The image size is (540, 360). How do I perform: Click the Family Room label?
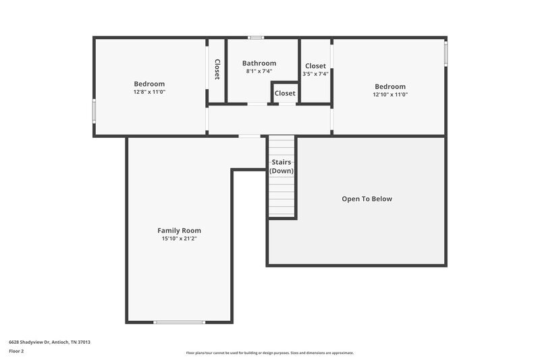click(x=179, y=230)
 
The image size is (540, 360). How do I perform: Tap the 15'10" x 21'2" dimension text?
click(x=179, y=238)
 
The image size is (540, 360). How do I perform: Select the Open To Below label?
click(x=367, y=199)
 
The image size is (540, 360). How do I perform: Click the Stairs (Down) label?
click(x=281, y=167)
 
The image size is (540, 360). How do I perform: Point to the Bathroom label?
click(x=259, y=63)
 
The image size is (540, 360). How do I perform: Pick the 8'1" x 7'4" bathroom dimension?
click(x=259, y=71)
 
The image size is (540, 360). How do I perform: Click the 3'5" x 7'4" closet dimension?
click(x=315, y=74)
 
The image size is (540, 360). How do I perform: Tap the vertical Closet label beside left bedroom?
click(x=217, y=69)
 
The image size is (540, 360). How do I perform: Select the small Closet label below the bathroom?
click(x=285, y=93)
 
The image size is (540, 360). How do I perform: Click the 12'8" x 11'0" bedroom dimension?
click(x=149, y=92)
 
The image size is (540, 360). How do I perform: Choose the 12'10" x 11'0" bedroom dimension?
click(x=390, y=95)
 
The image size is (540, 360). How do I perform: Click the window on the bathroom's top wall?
click(x=255, y=37)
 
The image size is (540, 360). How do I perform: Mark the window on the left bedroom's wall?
click(x=94, y=111)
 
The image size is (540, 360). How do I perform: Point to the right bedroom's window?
click(x=446, y=54)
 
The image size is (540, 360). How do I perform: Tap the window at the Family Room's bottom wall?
click(x=179, y=322)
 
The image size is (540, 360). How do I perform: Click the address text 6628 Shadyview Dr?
click(x=49, y=342)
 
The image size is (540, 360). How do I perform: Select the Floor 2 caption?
click(x=16, y=351)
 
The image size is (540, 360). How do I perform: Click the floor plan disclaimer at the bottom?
click(x=269, y=353)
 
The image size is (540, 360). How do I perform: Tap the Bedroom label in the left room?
click(x=149, y=84)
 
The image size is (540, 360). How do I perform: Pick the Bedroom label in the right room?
click(x=390, y=86)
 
